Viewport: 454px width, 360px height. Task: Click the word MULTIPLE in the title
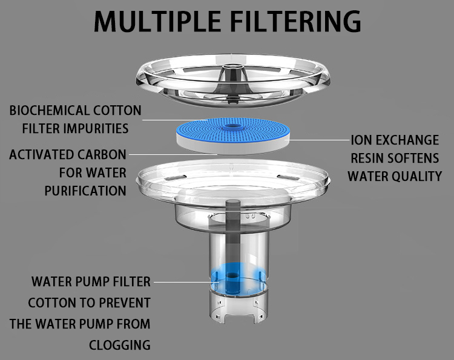click(158, 21)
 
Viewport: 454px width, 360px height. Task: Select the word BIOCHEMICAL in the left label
click(49, 111)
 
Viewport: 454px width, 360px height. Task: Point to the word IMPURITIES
click(96, 128)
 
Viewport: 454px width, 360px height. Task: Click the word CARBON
click(102, 154)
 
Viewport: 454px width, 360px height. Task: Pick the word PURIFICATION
click(85, 191)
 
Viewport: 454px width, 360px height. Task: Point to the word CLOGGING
click(120, 345)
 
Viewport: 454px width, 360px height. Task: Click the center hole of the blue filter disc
click(233, 126)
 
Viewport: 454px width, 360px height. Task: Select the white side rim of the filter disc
click(234, 146)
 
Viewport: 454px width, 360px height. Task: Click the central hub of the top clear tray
click(233, 73)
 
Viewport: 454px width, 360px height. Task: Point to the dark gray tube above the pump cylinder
click(233, 229)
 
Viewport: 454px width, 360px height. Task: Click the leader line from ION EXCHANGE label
click(319, 140)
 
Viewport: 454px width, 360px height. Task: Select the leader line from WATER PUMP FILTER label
click(186, 282)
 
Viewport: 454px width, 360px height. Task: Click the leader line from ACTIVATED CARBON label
click(173, 154)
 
